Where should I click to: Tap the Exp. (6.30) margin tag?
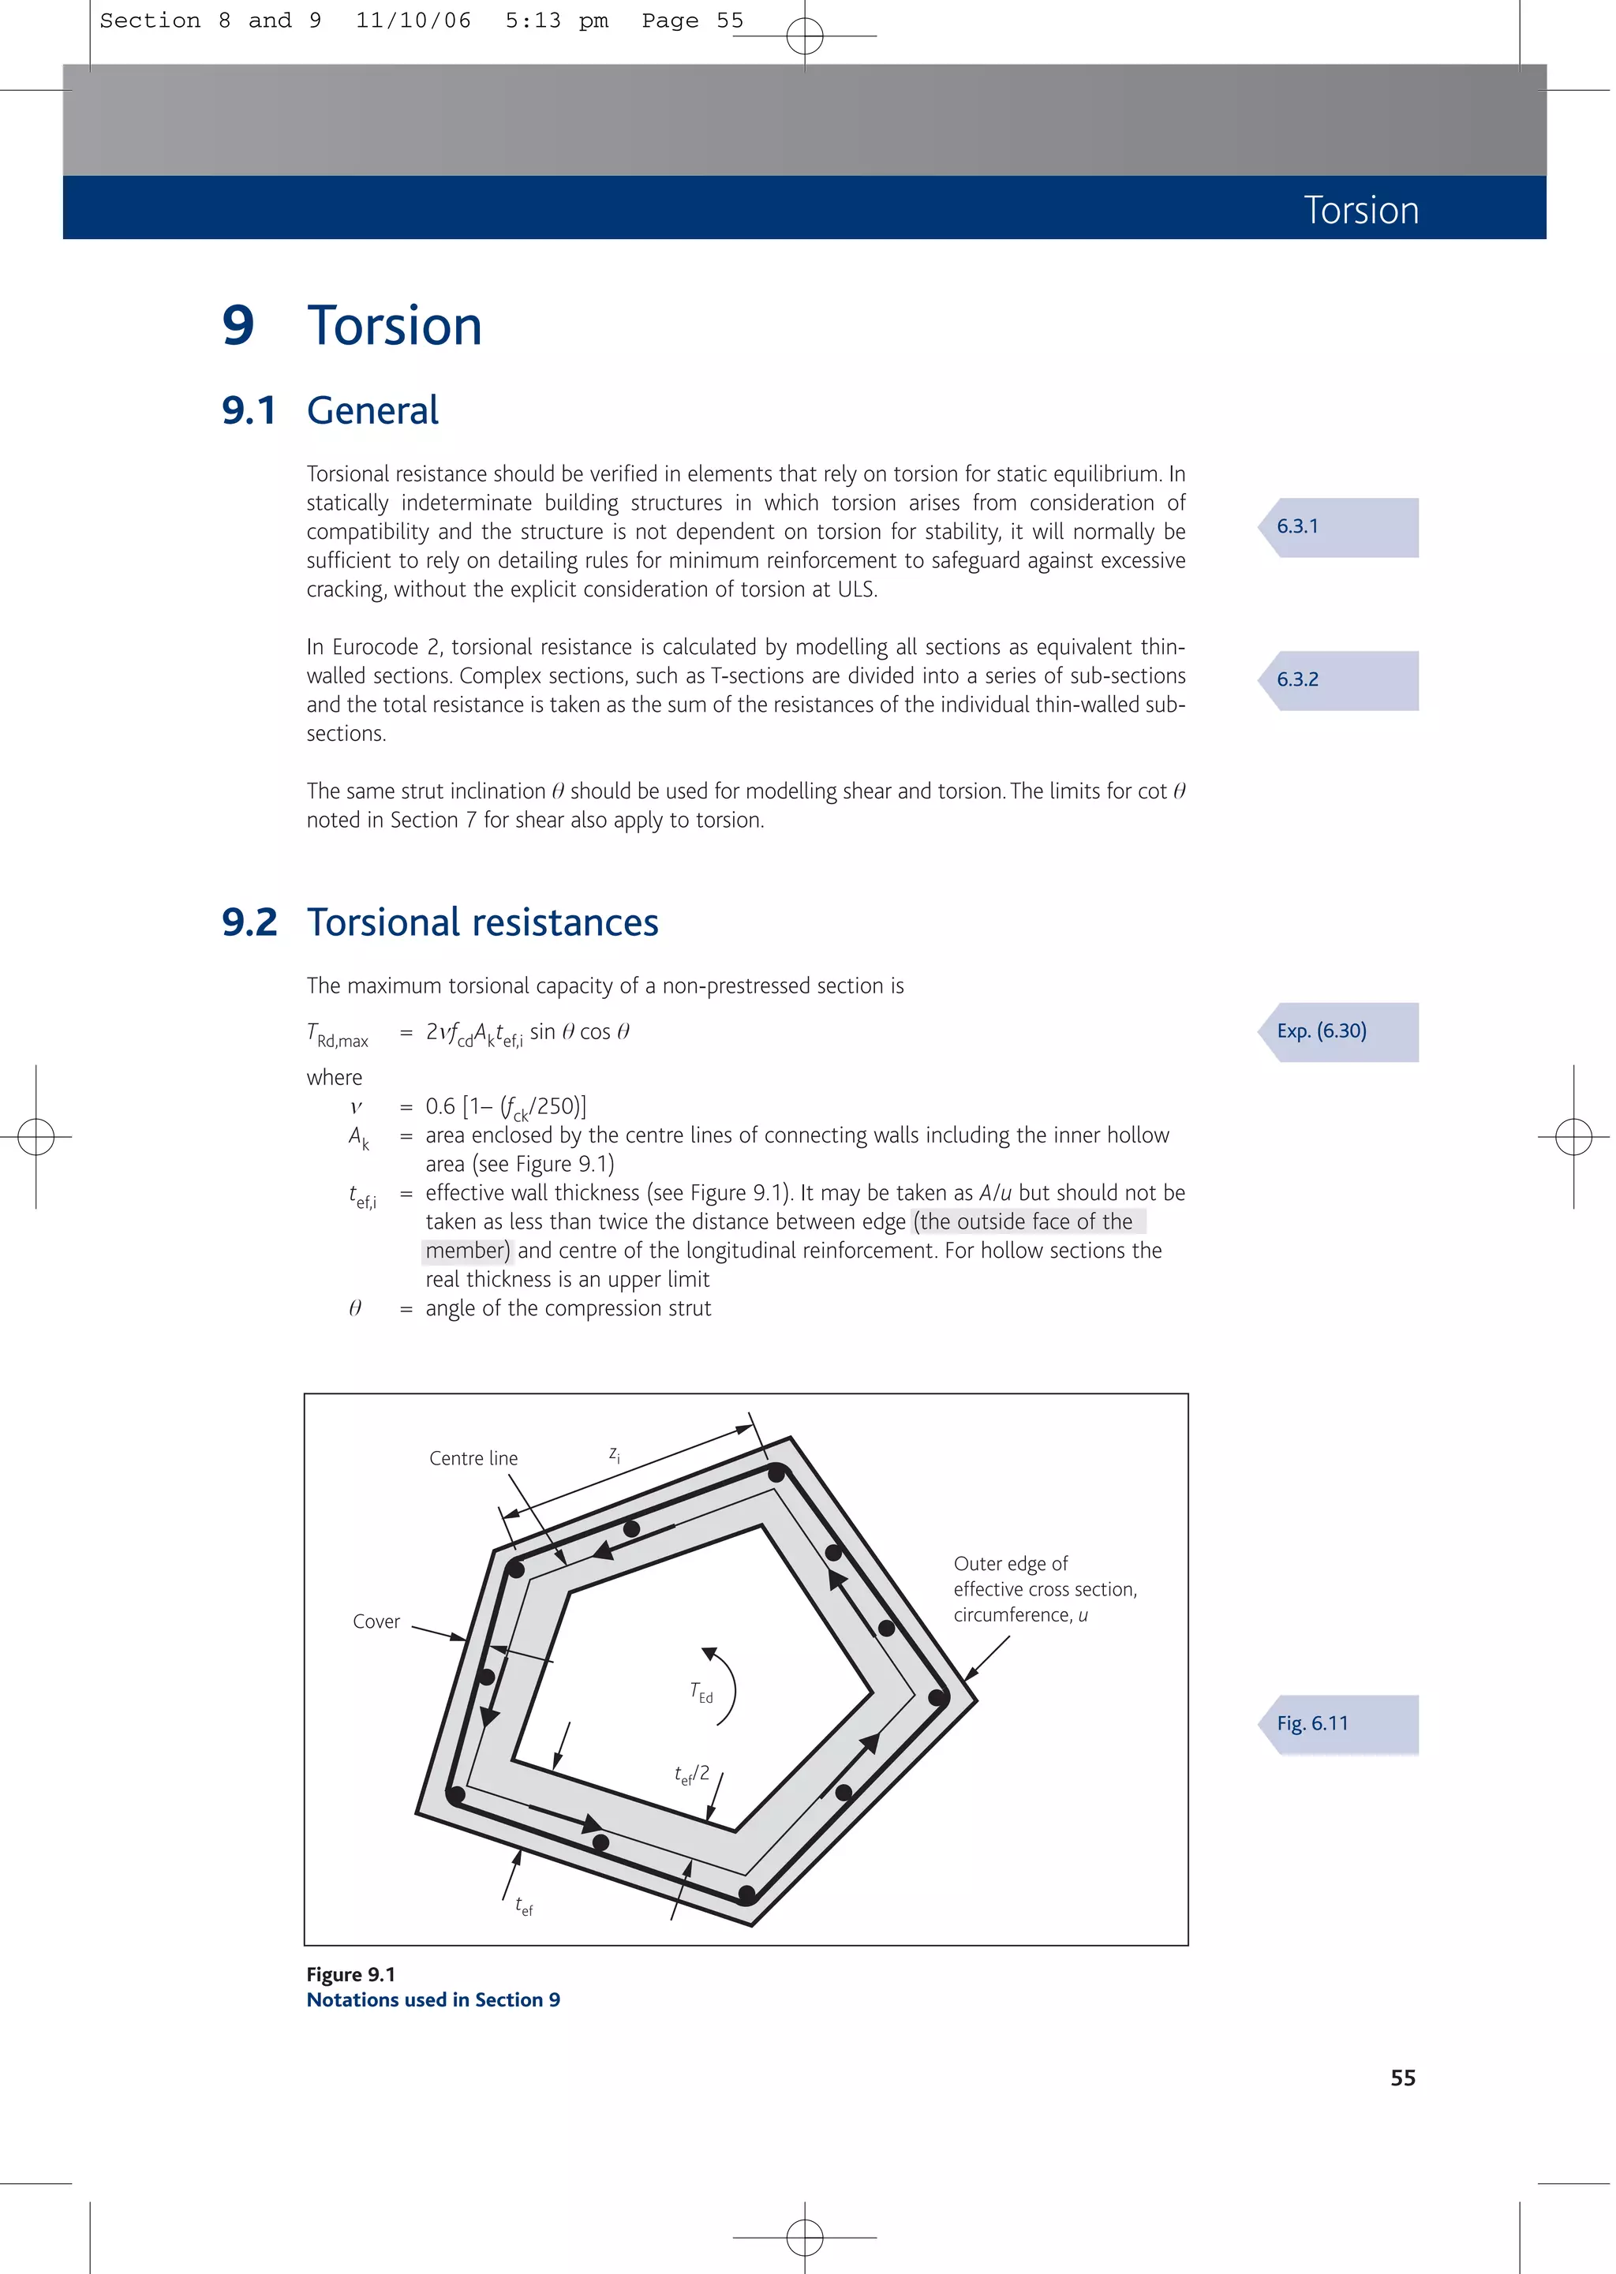click(1322, 1030)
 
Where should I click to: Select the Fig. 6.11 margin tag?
click(1312, 1723)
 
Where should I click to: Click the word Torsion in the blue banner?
click(1360, 210)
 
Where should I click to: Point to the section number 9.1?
click(249, 410)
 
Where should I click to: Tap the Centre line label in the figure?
click(473, 1458)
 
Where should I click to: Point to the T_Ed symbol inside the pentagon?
click(701, 1692)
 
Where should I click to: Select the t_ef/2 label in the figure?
click(691, 1775)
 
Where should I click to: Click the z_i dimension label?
click(614, 1454)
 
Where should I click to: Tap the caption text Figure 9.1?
click(350, 1975)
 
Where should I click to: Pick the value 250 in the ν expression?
click(557, 1106)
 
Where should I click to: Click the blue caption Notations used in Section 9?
click(433, 1999)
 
